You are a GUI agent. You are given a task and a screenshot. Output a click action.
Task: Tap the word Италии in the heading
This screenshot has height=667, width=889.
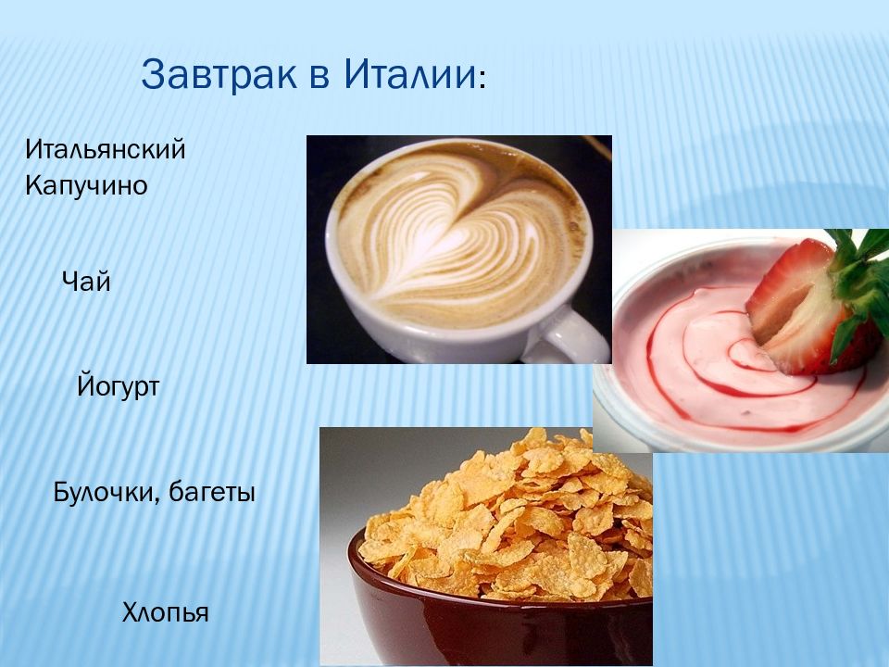pyautogui.click(x=409, y=74)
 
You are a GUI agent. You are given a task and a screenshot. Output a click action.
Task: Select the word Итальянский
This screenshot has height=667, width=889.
pyautogui.click(x=106, y=150)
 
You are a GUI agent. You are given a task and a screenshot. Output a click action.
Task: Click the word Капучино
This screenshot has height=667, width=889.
pyautogui.click(x=86, y=186)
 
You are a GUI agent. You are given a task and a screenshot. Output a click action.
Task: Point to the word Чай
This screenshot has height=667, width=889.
pyautogui.click(x=86, y=281)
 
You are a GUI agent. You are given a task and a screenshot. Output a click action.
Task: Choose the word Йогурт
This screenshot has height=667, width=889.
pyautogui.click(x=119, y=386)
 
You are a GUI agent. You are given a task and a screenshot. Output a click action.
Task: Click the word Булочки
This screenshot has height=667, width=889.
pyautogui.click(x=105, y=492)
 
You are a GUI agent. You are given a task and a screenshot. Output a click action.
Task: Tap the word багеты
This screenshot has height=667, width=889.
pyautogui.click(x=212, y=493)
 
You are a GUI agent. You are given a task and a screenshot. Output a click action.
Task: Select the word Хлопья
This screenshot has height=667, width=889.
pyautogui.click(x=166, y=612)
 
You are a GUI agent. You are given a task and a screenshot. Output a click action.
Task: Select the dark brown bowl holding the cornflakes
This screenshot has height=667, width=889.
pyautogui.click(x=499, y=618)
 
